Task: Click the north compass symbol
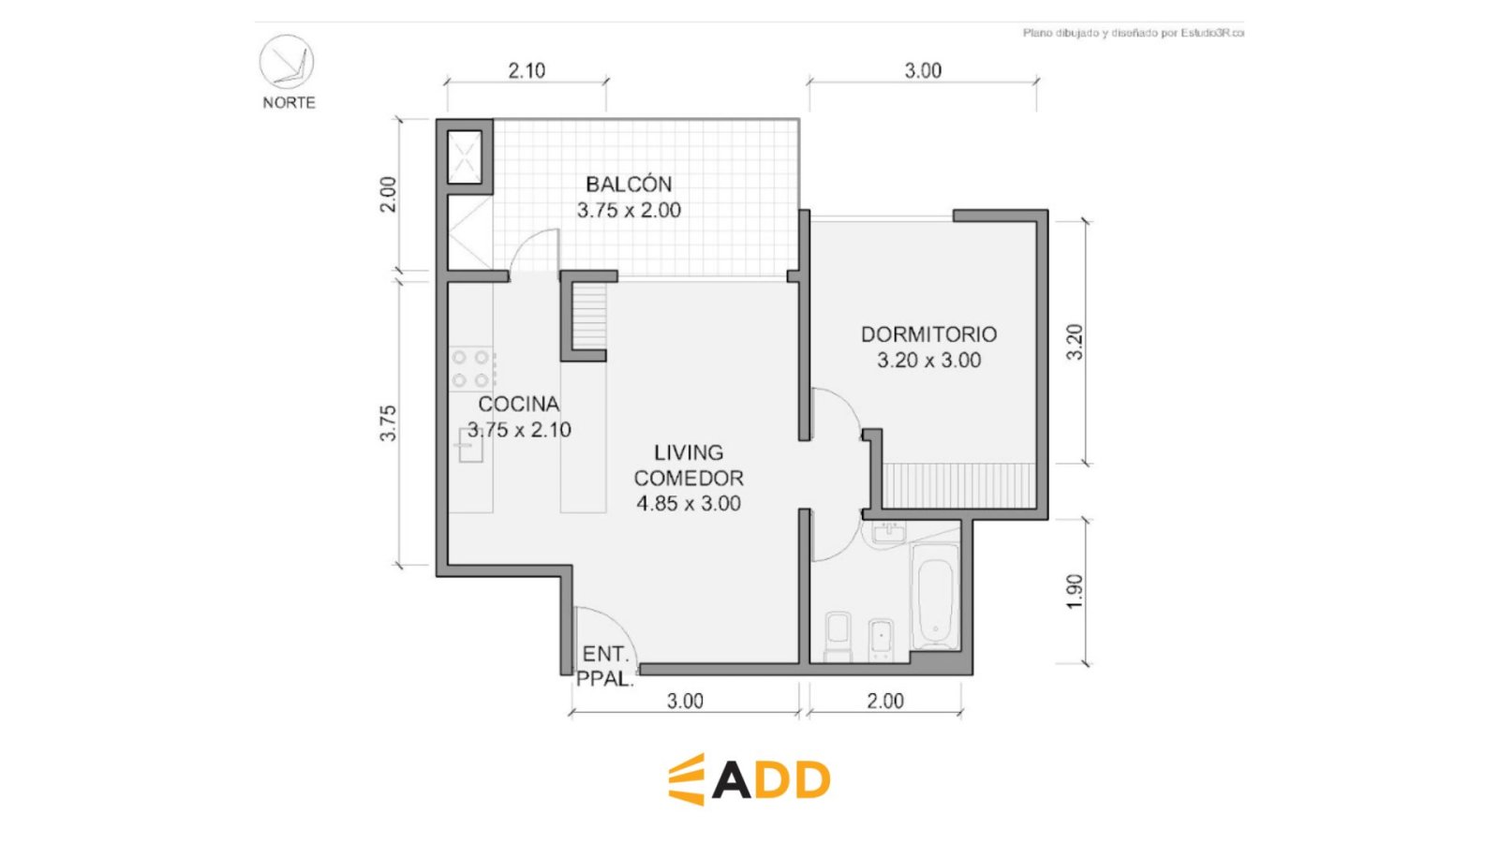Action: pos(287,62)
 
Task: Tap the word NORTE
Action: pos(289,103)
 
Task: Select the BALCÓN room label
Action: pos(629,184)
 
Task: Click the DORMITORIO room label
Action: pos(928,334)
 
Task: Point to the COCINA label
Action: pos(519,404)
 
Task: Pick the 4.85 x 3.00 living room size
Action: pos(689,504)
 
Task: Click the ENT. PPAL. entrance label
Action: pos(605,666)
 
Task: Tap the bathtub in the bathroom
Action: pos(935,596)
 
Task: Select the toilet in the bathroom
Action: pos(838,635)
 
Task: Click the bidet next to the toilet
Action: pos(882,639)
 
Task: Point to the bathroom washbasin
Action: pos(889,533)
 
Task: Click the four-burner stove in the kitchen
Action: pos(472,369)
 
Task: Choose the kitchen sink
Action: pos(470,445)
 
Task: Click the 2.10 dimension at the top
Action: pos(527,70)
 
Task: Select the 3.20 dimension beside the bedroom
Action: pos(1074,342)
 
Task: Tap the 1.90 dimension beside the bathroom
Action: pos(1074,591)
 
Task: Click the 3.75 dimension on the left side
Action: pos(388,422)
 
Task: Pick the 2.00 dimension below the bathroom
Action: pos(885,702)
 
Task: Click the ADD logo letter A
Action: pos(732,780)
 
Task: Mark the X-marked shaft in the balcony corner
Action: pos(465,157)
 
